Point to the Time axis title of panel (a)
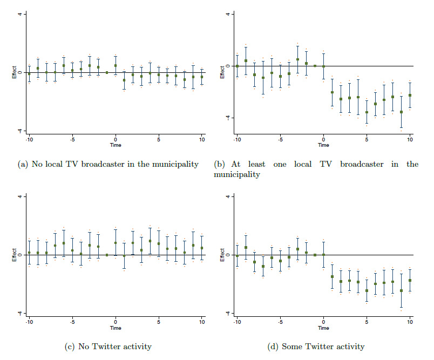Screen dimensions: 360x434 116,145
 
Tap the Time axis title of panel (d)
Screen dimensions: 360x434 323,328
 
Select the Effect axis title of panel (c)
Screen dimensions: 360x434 14,255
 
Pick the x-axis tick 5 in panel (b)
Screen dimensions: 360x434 367,139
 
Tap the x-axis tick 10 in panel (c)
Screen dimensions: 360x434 202,322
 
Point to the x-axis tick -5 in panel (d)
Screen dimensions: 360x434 280,322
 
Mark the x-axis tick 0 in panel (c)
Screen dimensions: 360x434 116,322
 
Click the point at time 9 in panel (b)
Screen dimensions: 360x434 401,112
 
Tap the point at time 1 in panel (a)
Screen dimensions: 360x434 124,80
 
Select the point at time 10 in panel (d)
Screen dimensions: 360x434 410,280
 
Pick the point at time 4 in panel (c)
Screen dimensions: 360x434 150,241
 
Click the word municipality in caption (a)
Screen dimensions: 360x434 173,164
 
